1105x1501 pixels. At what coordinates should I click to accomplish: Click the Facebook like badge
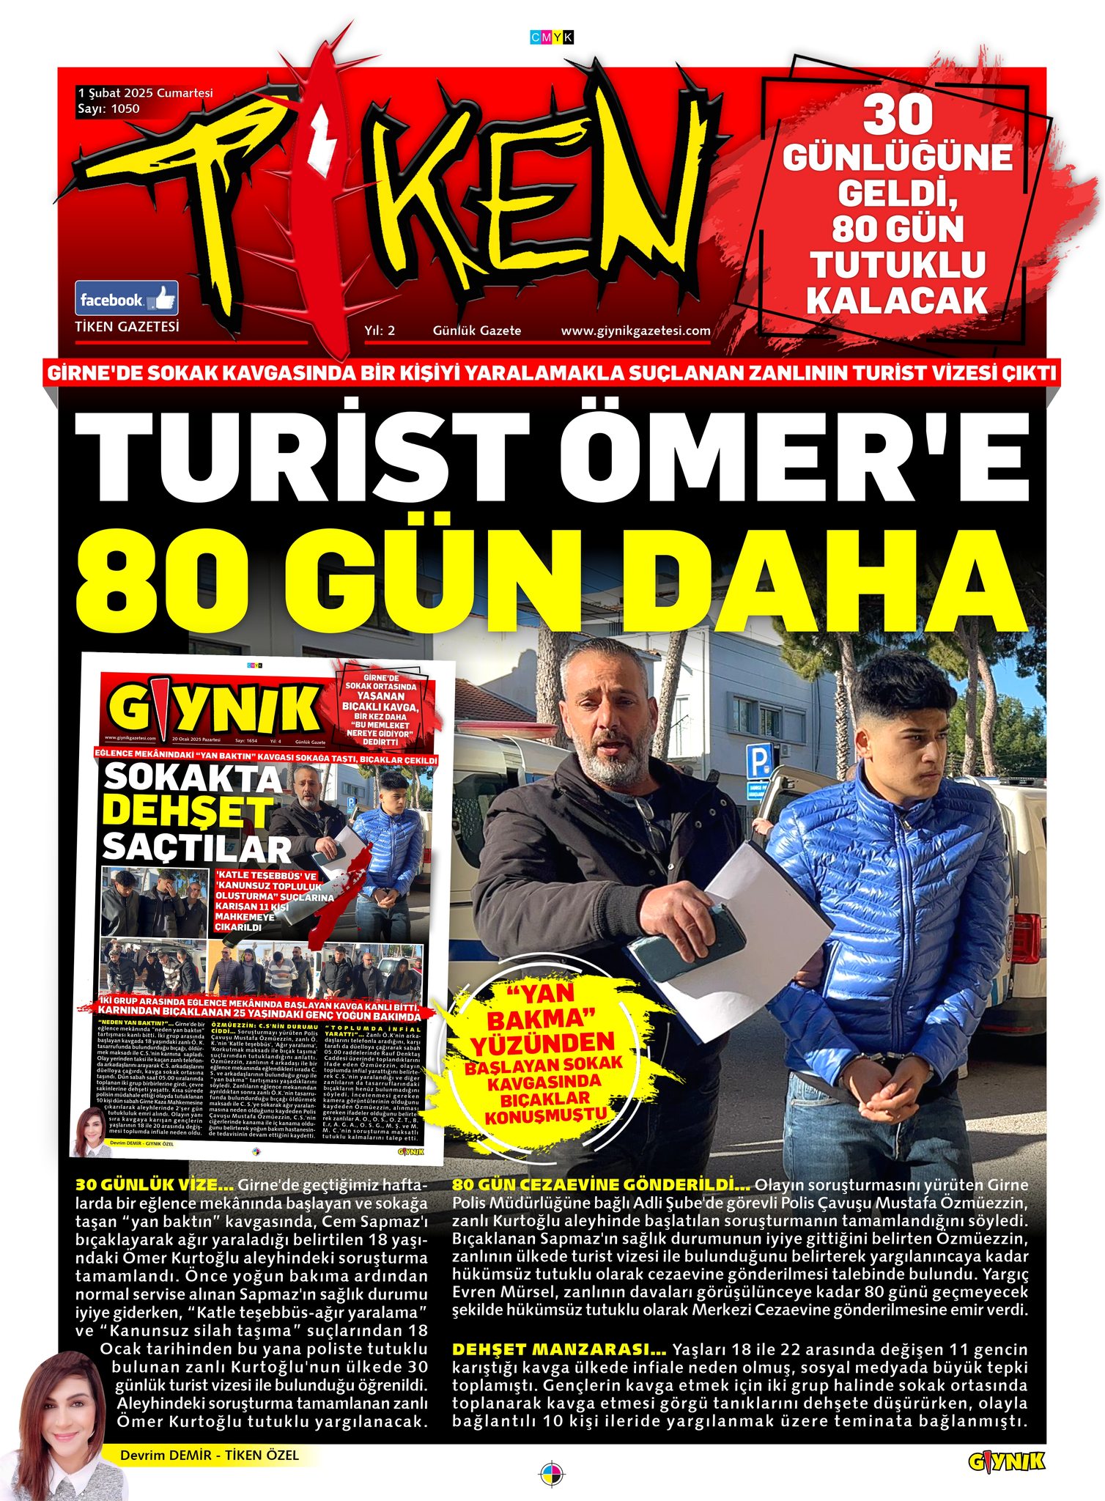(x=127, y=298)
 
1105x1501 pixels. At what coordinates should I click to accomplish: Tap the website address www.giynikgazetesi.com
(x=635, y=331)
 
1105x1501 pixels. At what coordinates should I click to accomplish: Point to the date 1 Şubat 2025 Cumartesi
(x=145, y=93)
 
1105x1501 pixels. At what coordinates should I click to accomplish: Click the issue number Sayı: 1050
(x=108, y=109)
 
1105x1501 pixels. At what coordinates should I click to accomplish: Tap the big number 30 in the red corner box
(x=897, y=115)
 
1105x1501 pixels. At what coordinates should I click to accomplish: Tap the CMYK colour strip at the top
(x=551, y=37)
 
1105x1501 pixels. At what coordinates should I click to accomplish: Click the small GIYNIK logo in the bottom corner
(x=1006, y=1462)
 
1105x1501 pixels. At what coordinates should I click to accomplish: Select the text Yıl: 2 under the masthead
(x=380, y=331)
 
